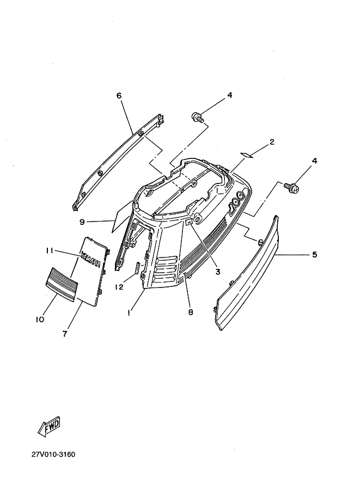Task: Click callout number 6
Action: point(119,95)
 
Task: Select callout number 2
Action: point(272,142)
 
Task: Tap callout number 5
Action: point(314,255)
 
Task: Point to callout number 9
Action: point(82,222)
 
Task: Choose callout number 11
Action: point(50,251)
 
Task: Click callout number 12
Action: point(119,287)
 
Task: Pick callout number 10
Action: point(40,320)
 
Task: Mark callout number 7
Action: point(65,334)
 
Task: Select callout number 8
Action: point(190,312)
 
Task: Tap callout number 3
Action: point(218,272)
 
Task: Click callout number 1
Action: point(129,313)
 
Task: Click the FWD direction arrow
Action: point(49,427)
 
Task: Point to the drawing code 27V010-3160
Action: point(53,455)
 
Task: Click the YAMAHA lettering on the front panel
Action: point(91,260)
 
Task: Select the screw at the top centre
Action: point(197,117)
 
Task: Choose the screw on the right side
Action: point(292,188)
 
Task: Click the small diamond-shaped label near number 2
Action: point(247,155)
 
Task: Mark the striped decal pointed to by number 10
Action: point(62,284)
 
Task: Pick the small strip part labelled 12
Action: point(138,268)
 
